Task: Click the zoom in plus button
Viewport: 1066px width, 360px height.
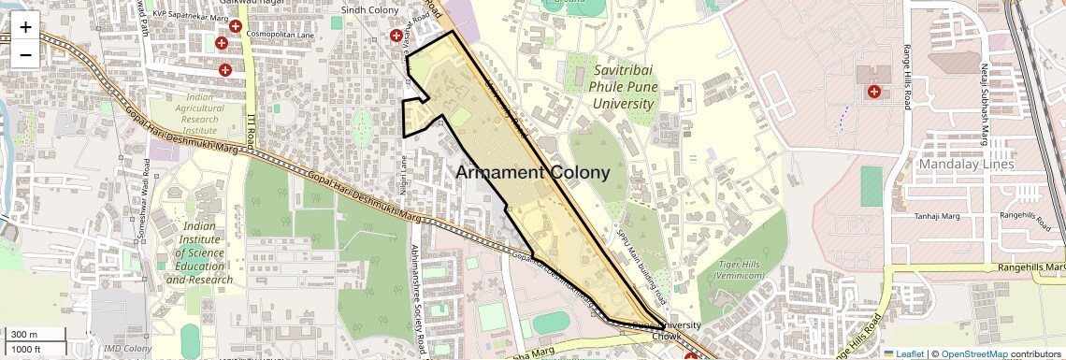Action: click(x=25, y=26)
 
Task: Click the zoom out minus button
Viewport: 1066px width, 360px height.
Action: click(x=25, y=54)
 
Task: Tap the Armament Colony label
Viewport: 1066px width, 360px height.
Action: click(x=532, y=173)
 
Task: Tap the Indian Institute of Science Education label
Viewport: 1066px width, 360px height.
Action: click(x=206, y=252)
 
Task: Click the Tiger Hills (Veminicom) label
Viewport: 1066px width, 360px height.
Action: click(x=741, y=270)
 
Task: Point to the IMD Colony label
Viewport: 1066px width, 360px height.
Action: click(x=128, y=349)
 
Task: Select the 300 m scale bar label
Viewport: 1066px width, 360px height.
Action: click(x=25, y=335)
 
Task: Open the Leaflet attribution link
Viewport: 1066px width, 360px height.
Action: click(x=904, y=353)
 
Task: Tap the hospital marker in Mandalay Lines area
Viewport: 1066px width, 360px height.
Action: click(x=874, y=92)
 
